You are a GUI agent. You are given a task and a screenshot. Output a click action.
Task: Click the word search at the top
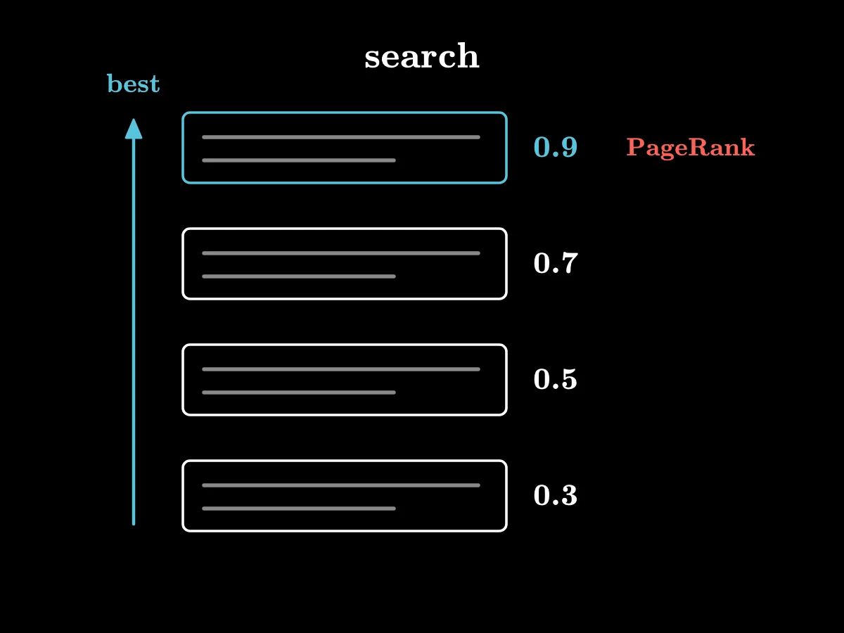point(422,56)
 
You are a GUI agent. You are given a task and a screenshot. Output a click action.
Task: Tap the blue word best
point(133,83)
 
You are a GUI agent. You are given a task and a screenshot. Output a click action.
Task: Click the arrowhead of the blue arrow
point(134,129)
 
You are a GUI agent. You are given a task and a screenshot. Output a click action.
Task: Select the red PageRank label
point(691,148)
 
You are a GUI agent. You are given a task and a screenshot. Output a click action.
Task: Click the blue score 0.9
point(556,147)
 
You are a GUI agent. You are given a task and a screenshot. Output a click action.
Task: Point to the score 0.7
point(556,263)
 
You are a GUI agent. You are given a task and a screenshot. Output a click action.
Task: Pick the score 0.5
point(556,379)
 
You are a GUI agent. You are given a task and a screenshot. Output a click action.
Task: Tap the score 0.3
point(556,495)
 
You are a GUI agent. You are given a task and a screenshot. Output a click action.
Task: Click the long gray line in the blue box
point(341,137)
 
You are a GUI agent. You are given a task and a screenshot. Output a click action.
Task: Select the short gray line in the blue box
point(299,160)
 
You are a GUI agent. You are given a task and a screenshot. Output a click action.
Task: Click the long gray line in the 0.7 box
point(341,253)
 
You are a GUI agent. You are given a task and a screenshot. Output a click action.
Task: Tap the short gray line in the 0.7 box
point(299,276)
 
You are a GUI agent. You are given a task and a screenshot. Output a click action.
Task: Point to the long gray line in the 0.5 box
point(341,369)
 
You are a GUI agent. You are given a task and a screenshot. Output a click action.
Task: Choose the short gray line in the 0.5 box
point(299,392)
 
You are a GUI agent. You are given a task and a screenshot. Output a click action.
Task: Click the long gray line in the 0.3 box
point(341,485)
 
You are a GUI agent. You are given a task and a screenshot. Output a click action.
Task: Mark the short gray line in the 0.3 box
point(299,509)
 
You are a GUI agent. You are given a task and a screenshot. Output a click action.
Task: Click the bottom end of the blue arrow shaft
point(134,524)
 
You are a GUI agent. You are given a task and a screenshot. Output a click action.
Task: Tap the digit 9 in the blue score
point(568,147)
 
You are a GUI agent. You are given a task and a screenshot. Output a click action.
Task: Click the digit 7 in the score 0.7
point(568,263)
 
